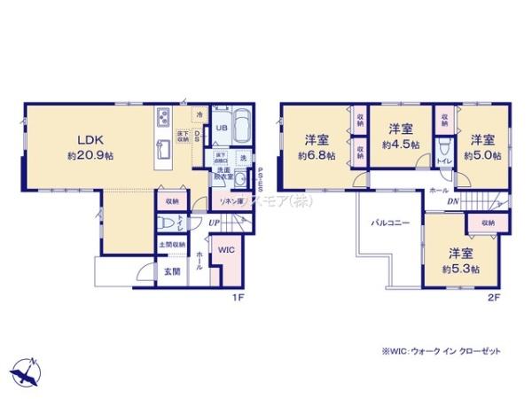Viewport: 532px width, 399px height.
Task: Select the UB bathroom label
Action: (222, 129)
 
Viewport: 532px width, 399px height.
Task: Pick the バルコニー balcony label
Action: (389, 223)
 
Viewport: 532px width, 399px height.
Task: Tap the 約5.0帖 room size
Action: (484, 155)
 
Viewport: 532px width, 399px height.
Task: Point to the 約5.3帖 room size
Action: (462, 269)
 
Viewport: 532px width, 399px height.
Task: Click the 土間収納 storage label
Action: (172, 244)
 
